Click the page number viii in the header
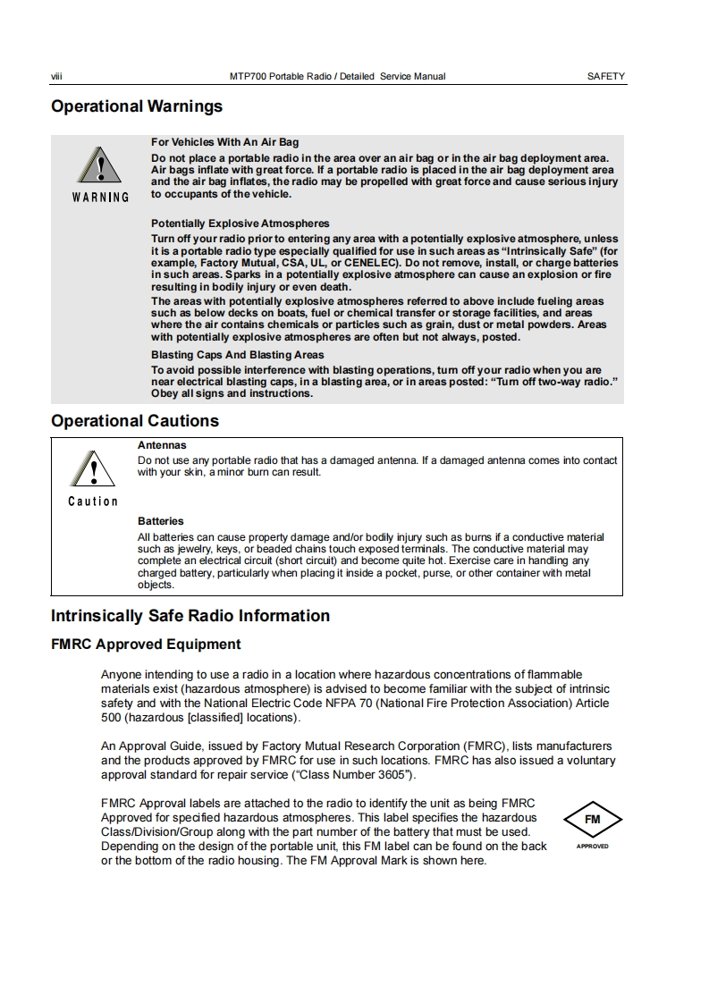click(x=56, y=77)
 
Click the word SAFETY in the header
click(x=605, y=77)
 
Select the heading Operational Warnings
click(x=137, y=106)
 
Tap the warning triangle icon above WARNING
click(x=100, y=166)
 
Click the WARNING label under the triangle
click(x=100, y=198)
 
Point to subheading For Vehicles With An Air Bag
click(x=224, y=142)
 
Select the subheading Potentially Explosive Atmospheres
click(x=240, y=223)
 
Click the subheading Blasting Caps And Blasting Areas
click(x=237, y=355)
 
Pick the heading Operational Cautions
click(x=134, y=421)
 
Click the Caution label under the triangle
click(x=93, y=501)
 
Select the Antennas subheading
click(x=162, y=444)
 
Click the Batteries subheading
click(x=160, y=521)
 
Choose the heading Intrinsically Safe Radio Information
click(x=190, y=616)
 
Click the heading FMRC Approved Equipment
click(x=146, y=645)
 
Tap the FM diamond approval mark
click(x=592, y=819)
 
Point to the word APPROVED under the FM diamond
click(x=592, y=846)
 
